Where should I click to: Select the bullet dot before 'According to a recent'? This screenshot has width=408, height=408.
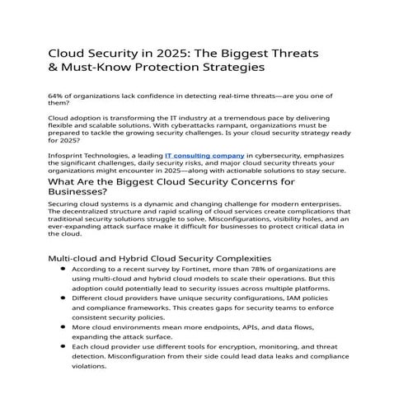click(x=64, y=269)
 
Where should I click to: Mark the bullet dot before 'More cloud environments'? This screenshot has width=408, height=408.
click(x=64, y=327)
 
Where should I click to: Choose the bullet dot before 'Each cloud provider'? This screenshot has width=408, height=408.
click(x=64, y=347)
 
